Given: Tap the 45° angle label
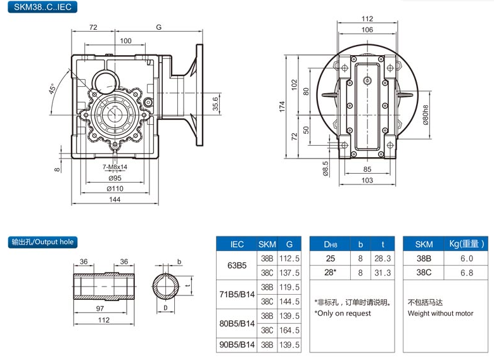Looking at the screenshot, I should tap(53, 90).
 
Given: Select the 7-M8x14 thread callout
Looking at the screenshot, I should tap(114, 167).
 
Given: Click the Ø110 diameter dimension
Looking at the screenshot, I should tap(114, 188).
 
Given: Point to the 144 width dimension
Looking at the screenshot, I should tap(114, 199).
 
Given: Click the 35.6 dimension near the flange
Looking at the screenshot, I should tap(215, 103).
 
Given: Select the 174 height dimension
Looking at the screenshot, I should tap(283, 107).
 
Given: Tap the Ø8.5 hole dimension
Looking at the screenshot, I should tap(326, 167).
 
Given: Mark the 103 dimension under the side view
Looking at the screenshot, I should tap(367, 181).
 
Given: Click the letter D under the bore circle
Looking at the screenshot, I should tap(165, 308).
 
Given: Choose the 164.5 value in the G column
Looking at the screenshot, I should tap(289, 330).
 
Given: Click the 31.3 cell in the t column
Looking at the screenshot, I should tap(383, 273).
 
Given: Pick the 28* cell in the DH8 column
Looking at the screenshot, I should tap(330, 273).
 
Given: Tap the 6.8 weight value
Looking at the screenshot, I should tap(467, 273).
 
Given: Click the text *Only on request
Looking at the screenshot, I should tap(343, 313).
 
